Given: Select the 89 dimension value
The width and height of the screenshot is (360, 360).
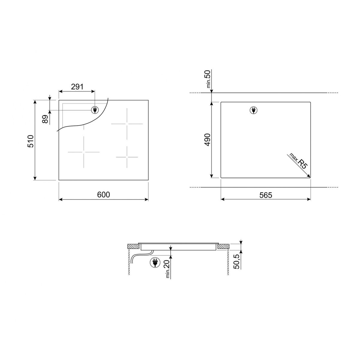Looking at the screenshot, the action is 45,119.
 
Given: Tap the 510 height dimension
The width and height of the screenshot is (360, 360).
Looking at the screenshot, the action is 31,141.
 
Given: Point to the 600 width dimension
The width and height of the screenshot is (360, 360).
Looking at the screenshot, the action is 103,195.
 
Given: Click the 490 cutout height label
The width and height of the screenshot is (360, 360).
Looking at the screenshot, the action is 207,140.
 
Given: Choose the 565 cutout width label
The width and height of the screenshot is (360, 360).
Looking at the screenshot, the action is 266,195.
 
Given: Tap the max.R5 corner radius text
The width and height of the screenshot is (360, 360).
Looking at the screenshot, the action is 298,161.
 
